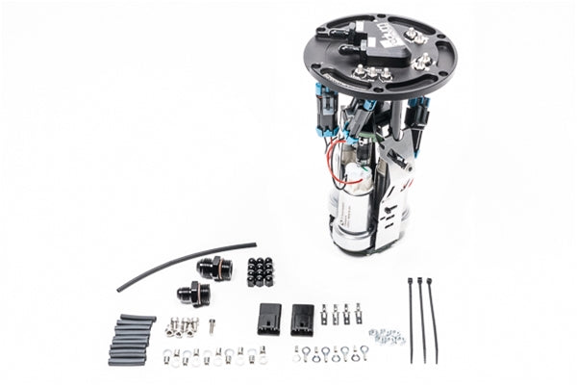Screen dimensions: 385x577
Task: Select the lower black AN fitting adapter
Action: tap(189, 292)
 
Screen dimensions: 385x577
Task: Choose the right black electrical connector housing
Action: tap(302, 317)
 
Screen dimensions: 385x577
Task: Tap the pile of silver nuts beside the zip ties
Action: tap(386, 336)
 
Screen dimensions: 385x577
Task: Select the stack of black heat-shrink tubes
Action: tap(131, 339)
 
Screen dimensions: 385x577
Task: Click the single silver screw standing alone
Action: tap(212, 326)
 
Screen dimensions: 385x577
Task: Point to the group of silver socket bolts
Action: tap(180, 326)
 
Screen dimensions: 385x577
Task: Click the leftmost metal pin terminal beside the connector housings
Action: tap(325, 314)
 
